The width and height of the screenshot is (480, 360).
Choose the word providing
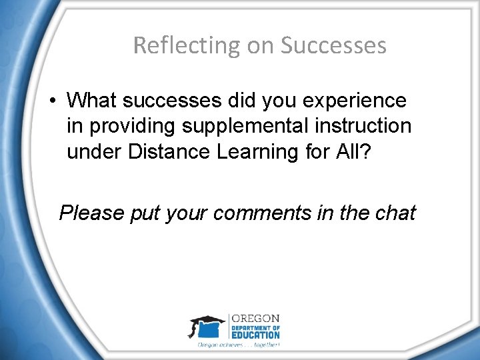click(124, 126)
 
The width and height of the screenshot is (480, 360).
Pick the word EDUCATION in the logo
click(256, 335)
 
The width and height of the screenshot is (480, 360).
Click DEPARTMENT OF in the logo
click(256, 327)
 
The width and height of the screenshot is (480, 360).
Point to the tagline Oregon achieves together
click(239, 345)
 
